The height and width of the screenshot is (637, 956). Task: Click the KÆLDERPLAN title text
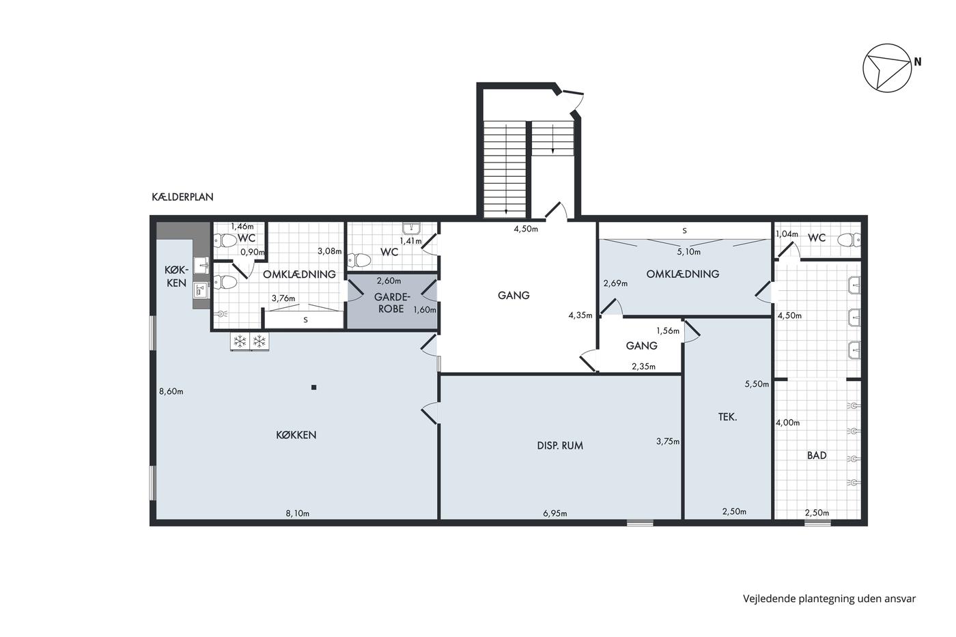pos(182,197)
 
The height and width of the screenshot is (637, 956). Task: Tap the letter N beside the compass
pos(918,62)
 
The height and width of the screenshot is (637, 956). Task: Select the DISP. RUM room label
pos(560,445)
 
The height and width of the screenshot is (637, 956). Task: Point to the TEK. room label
pos(728,417)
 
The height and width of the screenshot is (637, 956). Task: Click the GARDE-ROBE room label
pos(392,302)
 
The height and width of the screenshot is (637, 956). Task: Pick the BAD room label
pos(817,455)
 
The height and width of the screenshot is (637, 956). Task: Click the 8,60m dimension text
pos(171,391)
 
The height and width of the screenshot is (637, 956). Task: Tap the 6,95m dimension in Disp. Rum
pos(554,513)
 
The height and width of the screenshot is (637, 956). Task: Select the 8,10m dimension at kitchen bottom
pos(298,513)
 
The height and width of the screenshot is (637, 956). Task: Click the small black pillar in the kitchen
pos(313,387)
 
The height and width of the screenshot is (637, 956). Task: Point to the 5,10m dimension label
pos(688,252)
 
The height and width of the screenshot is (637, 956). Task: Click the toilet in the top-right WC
pos(849,240)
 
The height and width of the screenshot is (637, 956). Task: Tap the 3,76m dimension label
pos(283,298)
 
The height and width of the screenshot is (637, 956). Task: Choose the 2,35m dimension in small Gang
pos(643,366)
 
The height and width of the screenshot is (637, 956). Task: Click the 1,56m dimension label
pos(668,330)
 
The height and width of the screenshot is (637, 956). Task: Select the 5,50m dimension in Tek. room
pos(757,384)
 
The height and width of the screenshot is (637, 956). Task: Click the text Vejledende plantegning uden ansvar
pos(829,599)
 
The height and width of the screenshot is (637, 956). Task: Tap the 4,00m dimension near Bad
pos(788,423)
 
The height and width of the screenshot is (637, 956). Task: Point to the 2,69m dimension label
pos(615,283)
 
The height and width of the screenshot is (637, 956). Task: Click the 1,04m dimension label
pos(787,233)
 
